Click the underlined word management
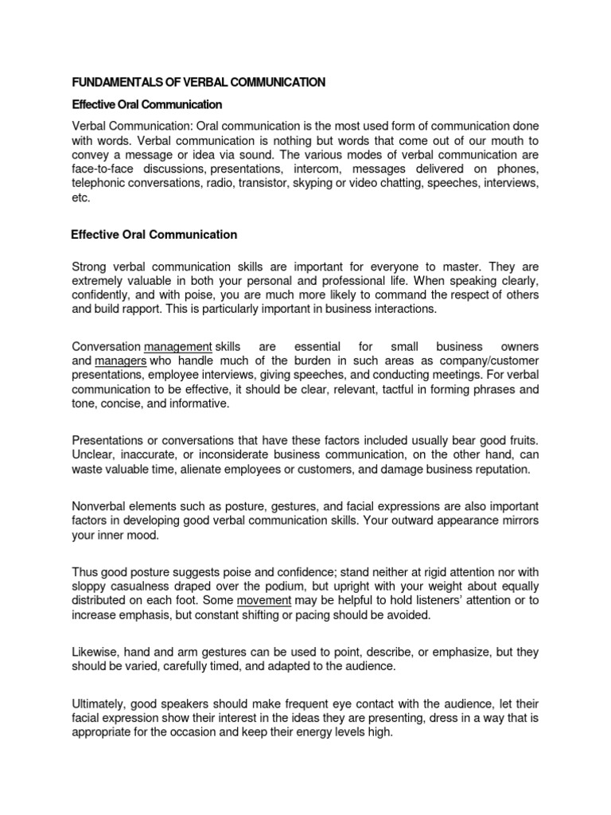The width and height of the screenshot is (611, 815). (x=177, y=347)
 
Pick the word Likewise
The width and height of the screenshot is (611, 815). (x=95, y=652)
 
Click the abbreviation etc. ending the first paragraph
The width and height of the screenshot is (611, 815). (x=81, y=198)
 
